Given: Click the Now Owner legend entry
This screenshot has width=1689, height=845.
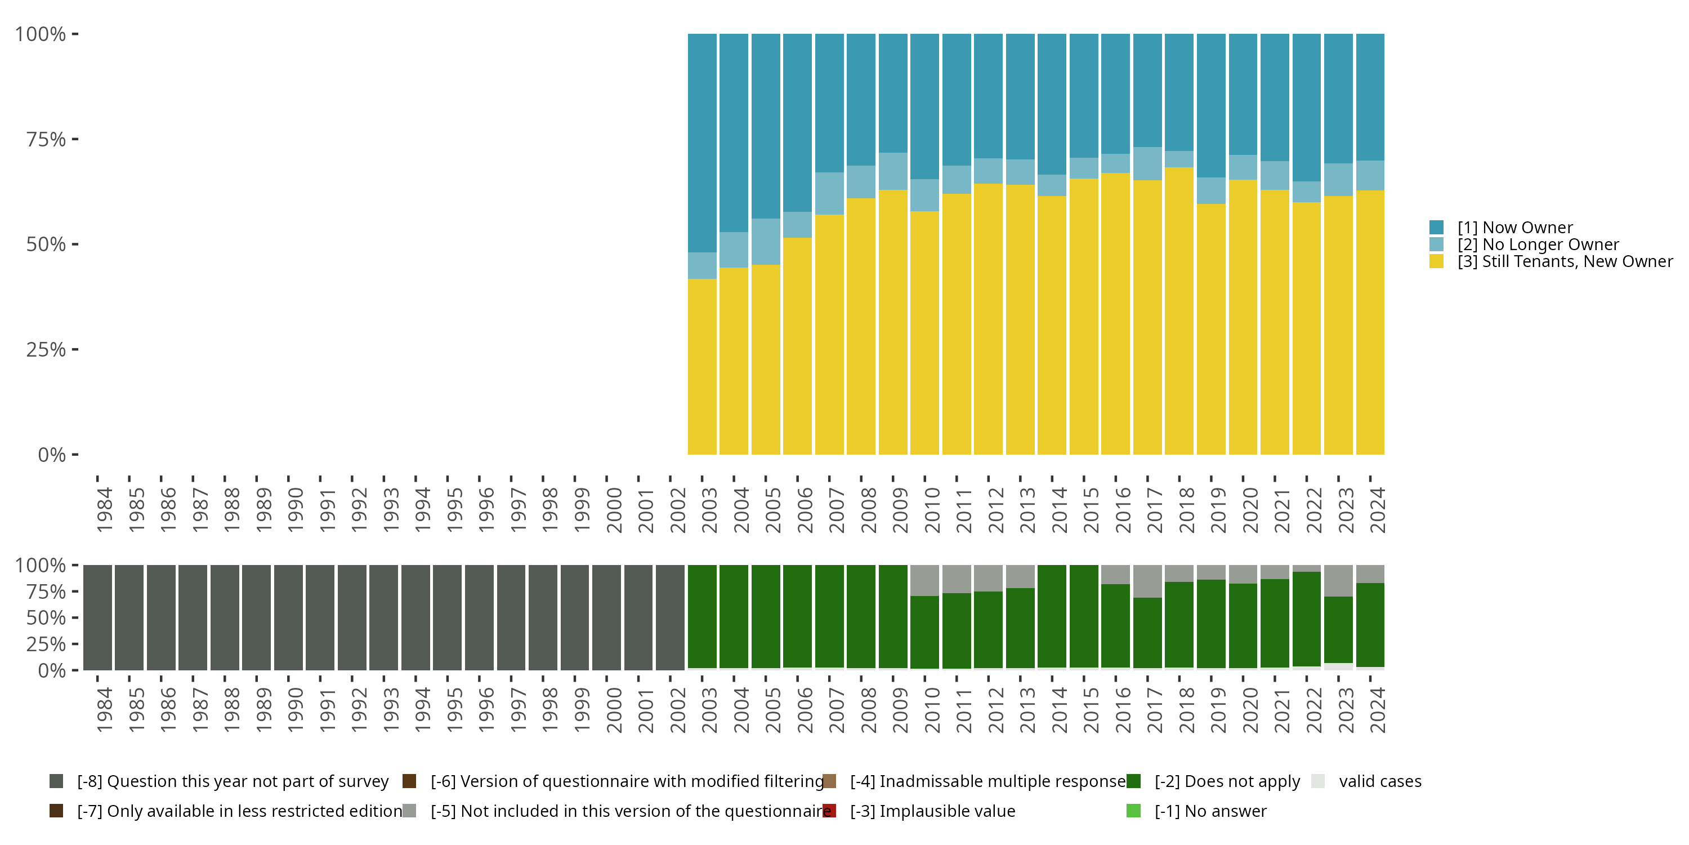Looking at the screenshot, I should pyautogui.click(x=1514, y=228).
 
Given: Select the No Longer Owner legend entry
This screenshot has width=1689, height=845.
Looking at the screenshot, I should pyautogui.click(x=1537, y=244).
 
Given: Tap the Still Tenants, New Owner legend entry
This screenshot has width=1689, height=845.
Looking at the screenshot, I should pyautogui.click(x=1564, y=262).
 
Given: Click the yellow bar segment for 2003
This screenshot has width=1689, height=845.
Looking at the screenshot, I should pyautogui.click(x=701, y=367).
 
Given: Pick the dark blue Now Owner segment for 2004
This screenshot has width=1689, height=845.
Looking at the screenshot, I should pyautogui.click(x=734, y=131).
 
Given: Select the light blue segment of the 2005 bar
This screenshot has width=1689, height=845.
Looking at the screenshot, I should pyautogui.click(x=765, y=242).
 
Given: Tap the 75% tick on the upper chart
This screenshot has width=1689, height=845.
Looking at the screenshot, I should pyautogui.click(x=46, y=139).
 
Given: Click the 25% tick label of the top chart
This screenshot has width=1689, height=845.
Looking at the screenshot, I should pyautogui.click(x=46, y=350).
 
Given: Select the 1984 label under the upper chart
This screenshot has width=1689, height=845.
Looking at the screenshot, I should pyautogui.click(x=104, y=510).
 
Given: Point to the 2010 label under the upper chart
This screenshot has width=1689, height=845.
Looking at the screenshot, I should pyautogui.click(x=932, y=510).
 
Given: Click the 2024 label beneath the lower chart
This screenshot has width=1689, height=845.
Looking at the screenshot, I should pyautogui.click(x=1378, y=710).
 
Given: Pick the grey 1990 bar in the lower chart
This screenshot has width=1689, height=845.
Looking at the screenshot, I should pyautogui.click(x=288, y=617).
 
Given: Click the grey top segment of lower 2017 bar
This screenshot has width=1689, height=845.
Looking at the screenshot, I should pyautogui.click(x=1147, y=581).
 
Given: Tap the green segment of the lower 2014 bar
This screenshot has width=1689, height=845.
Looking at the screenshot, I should pyautogui.click(x=1052, y=617).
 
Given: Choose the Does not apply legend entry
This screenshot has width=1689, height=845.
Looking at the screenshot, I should pyautogui.click(x=1226, y=781).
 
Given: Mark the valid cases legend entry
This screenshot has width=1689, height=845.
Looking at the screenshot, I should pyautogui.click(x=1379, y=781).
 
